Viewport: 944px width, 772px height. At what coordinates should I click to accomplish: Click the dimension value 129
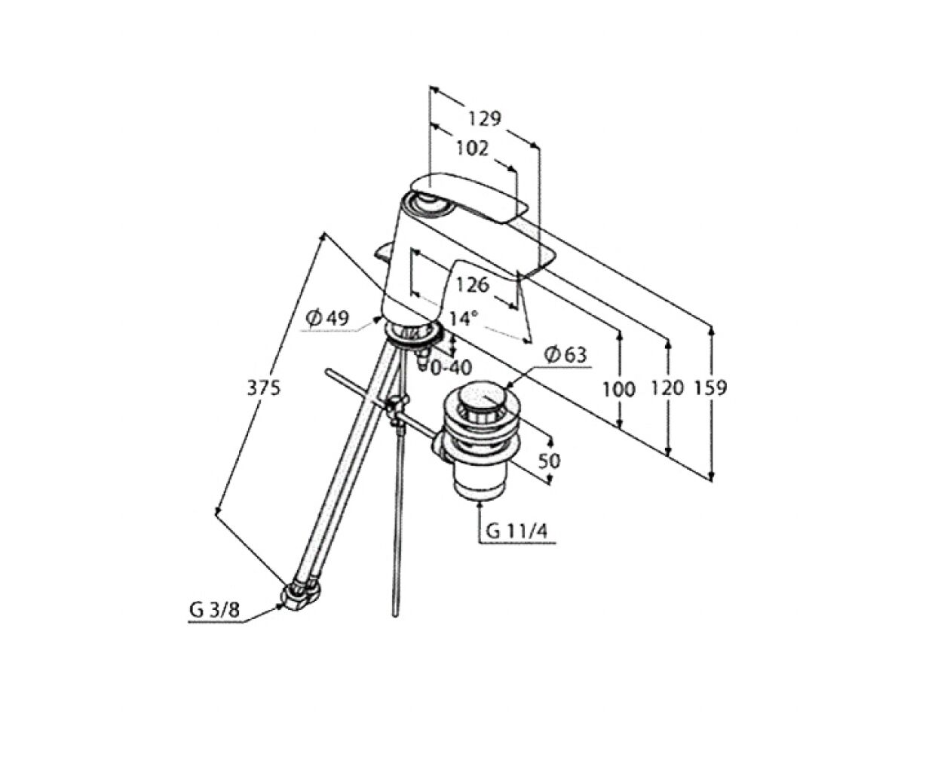[484, 118]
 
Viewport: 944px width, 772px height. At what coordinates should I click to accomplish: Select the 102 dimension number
[472, 148]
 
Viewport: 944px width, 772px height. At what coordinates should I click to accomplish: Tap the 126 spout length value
[472, 285]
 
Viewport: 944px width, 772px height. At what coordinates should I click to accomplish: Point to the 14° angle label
[463, 319]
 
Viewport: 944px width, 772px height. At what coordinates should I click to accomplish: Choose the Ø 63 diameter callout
[565, 355]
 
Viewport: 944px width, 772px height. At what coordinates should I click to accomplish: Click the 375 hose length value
[264, 388]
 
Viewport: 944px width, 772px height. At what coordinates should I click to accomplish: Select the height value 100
[619, 389]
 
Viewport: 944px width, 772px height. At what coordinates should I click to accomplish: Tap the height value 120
[667, 388]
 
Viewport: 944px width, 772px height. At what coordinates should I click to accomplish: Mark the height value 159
[711, 388]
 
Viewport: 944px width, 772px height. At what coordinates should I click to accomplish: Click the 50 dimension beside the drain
[549, 461]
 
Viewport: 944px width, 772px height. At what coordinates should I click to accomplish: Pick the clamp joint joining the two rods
[397, 410]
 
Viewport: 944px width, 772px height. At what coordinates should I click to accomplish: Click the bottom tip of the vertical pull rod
[395, 616]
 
